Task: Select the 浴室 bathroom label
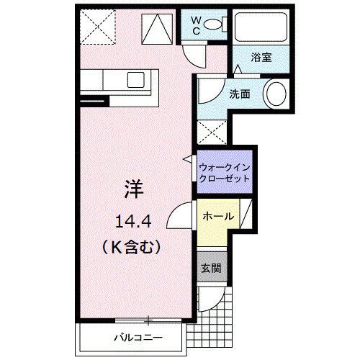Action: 261,57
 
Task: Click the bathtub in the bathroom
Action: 261,27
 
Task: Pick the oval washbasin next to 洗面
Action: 276,94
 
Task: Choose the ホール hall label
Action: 217,216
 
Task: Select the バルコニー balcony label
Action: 137,337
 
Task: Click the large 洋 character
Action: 135,190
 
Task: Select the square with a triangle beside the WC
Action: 156,28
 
